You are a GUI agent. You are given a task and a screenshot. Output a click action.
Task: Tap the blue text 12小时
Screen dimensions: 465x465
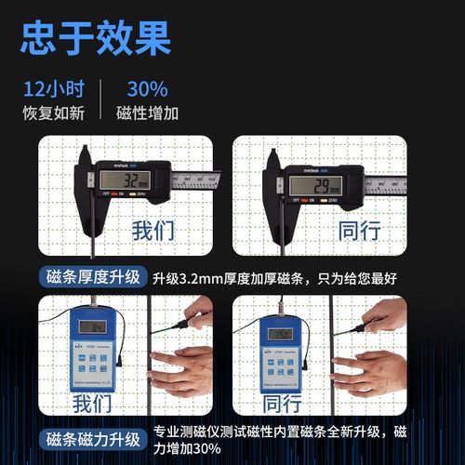pos(54,90)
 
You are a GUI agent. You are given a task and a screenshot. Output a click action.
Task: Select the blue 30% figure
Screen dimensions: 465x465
pos(147,90)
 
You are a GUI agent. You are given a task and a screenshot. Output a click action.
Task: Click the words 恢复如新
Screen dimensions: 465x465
pos(54,113)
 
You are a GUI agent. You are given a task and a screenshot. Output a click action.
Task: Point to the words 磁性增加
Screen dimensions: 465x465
pos(148,113)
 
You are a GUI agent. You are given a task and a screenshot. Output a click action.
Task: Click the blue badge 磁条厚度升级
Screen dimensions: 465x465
pos(93,277)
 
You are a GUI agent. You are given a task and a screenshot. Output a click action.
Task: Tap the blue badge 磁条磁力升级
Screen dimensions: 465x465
pos(93,439)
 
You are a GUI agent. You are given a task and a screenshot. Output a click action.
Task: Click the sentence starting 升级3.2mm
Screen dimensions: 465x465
pos(274,277)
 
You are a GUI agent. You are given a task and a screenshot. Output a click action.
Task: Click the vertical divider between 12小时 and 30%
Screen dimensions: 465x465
pos(101,100)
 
